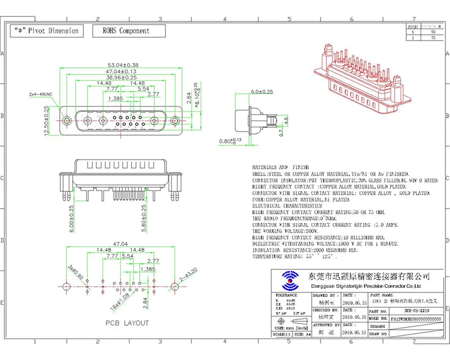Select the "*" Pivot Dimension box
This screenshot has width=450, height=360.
tap(46, 31)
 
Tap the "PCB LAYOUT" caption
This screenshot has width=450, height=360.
tap(127, 323)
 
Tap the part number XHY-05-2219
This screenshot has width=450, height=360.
tap(416, 310)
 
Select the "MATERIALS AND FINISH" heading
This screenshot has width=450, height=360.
tap(277, 168)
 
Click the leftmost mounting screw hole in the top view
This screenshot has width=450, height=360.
tap(67, 120)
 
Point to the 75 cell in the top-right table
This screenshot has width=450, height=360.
tap(433, 37)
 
